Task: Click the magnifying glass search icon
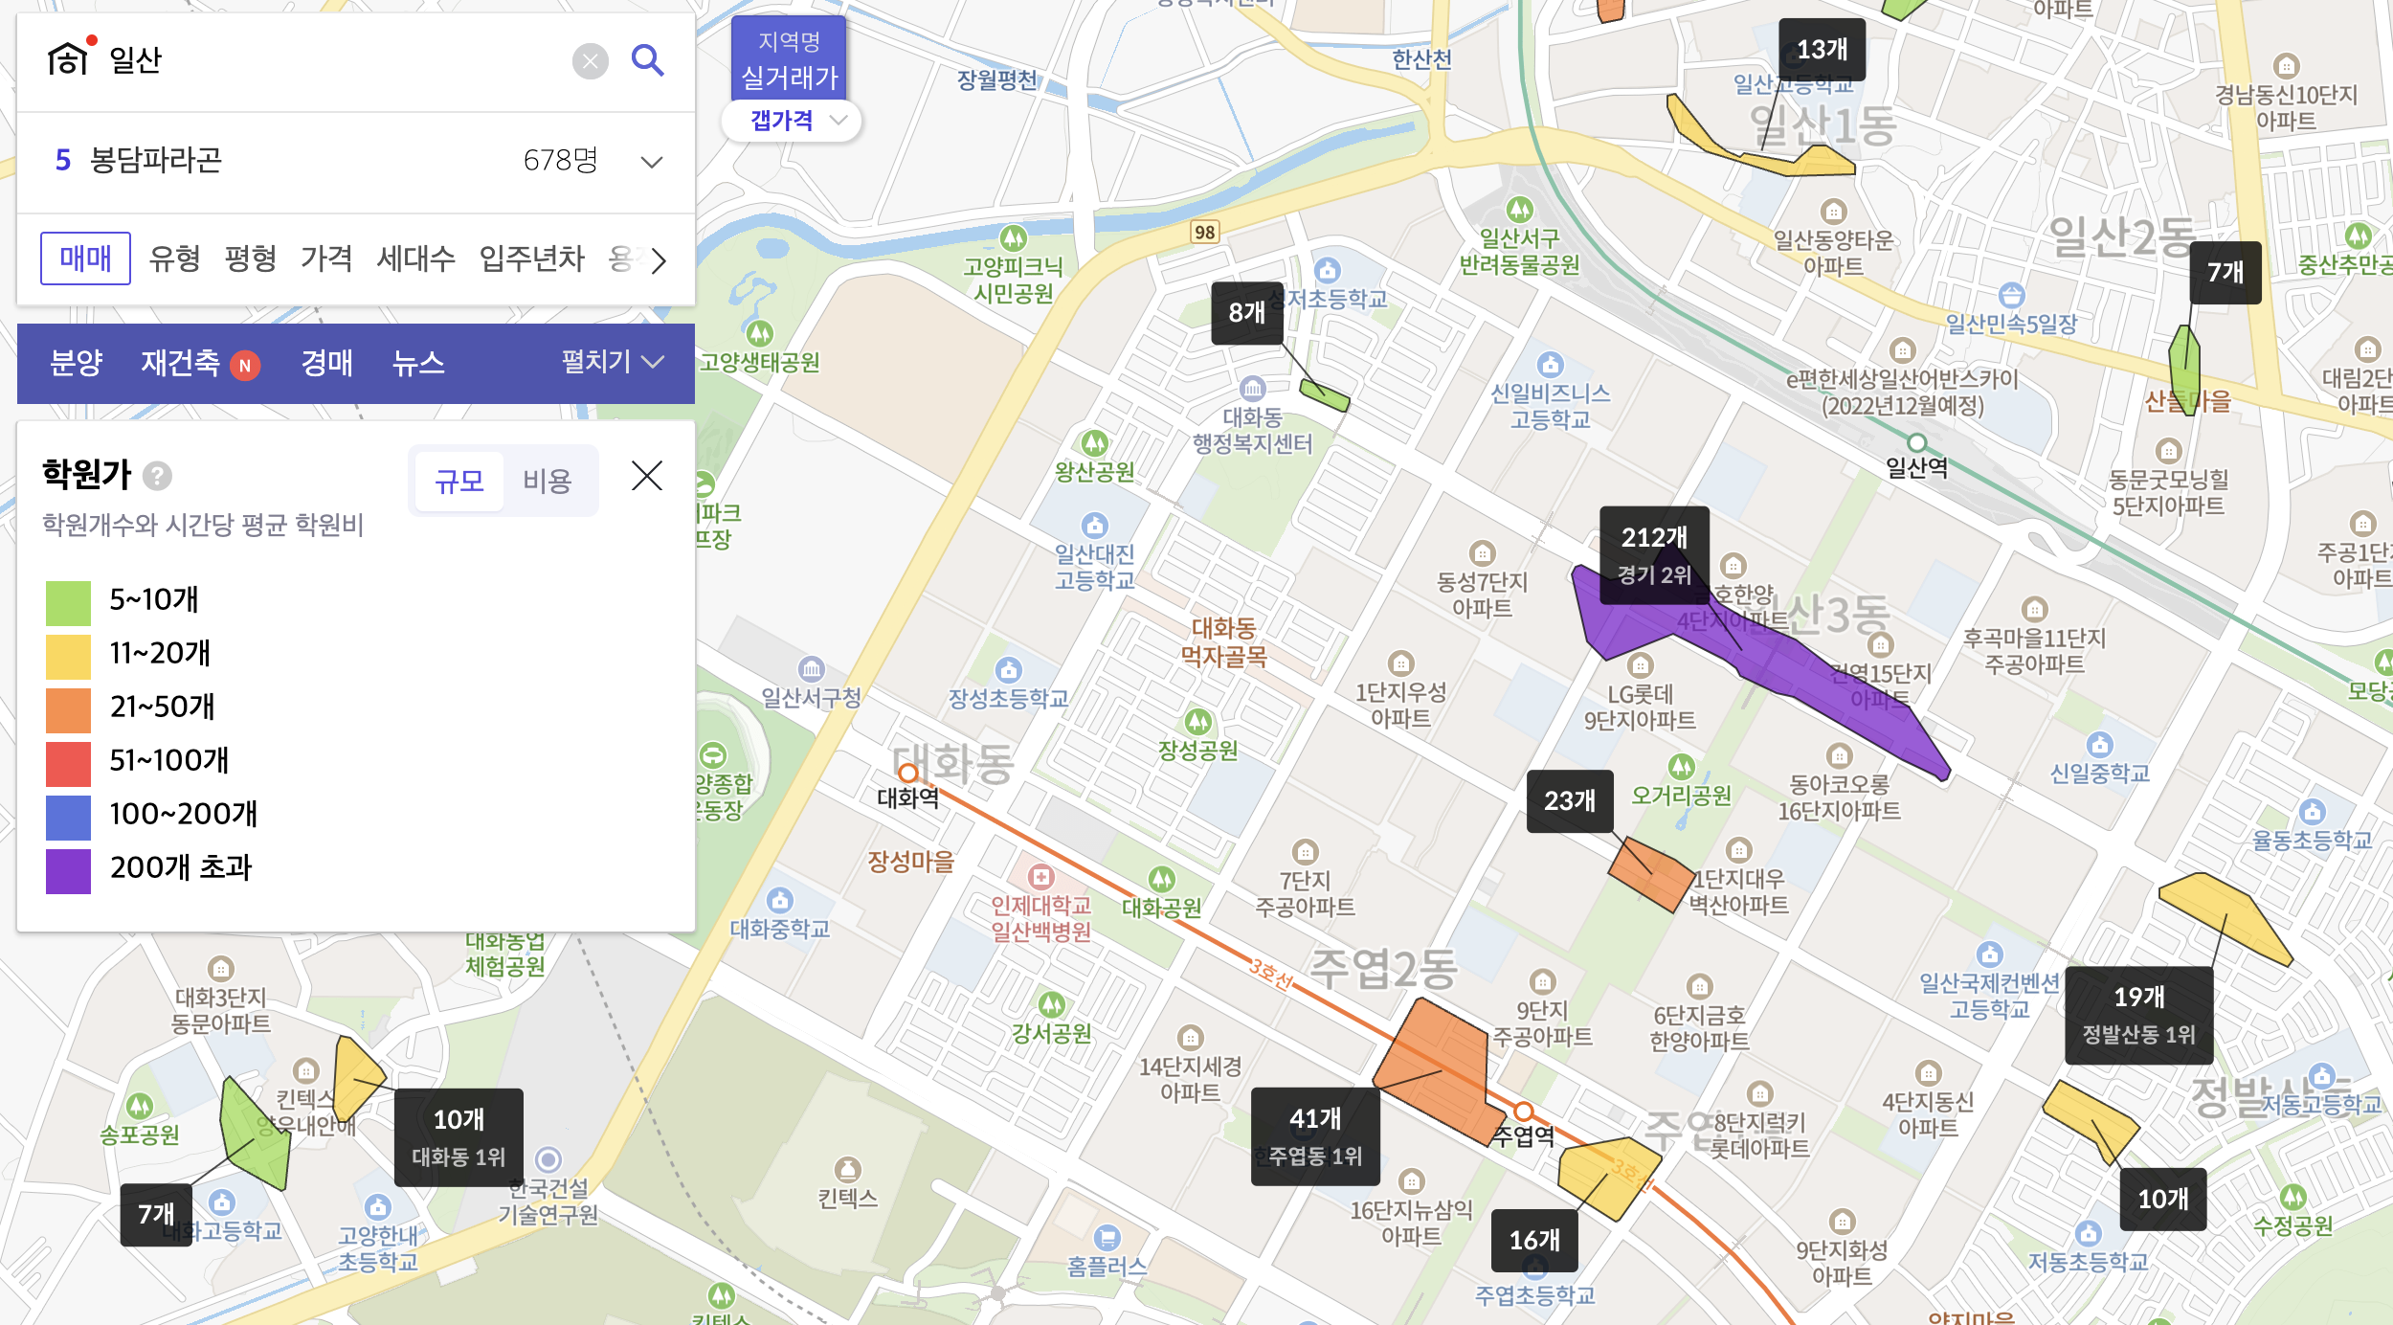point(648,61)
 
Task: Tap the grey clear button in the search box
point(591,62)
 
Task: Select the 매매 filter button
point(85,258)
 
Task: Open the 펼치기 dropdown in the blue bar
point(612,362)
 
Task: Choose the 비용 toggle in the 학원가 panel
point(547,481)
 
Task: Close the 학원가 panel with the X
point(647,476)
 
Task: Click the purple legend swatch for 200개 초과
point(68,871)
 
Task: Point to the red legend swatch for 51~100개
point(68,764)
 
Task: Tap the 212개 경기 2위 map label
point(1654,554)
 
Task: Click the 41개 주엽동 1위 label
point(1315,1136)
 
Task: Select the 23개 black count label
point(1570,800)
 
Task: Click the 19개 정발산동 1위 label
point(2138,1015)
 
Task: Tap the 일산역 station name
point(1916,468)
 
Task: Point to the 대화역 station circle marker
point(908,773)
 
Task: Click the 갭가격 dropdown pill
point(792,121)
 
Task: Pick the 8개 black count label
point(1247,313)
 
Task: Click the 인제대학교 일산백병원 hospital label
point(1040,917)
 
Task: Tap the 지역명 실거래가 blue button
point(789,59)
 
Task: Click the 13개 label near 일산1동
point(1822,50)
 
